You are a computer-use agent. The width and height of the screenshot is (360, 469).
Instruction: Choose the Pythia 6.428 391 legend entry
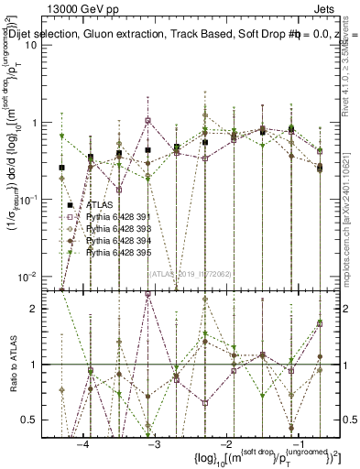click(x=115, y=216)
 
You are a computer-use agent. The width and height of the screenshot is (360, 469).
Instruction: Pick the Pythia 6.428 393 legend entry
click(x=115, y=228)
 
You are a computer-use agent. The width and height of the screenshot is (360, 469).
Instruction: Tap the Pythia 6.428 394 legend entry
click(x=115, y=239)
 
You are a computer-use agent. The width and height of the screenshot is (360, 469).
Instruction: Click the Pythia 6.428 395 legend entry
click(x=115, y=251)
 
